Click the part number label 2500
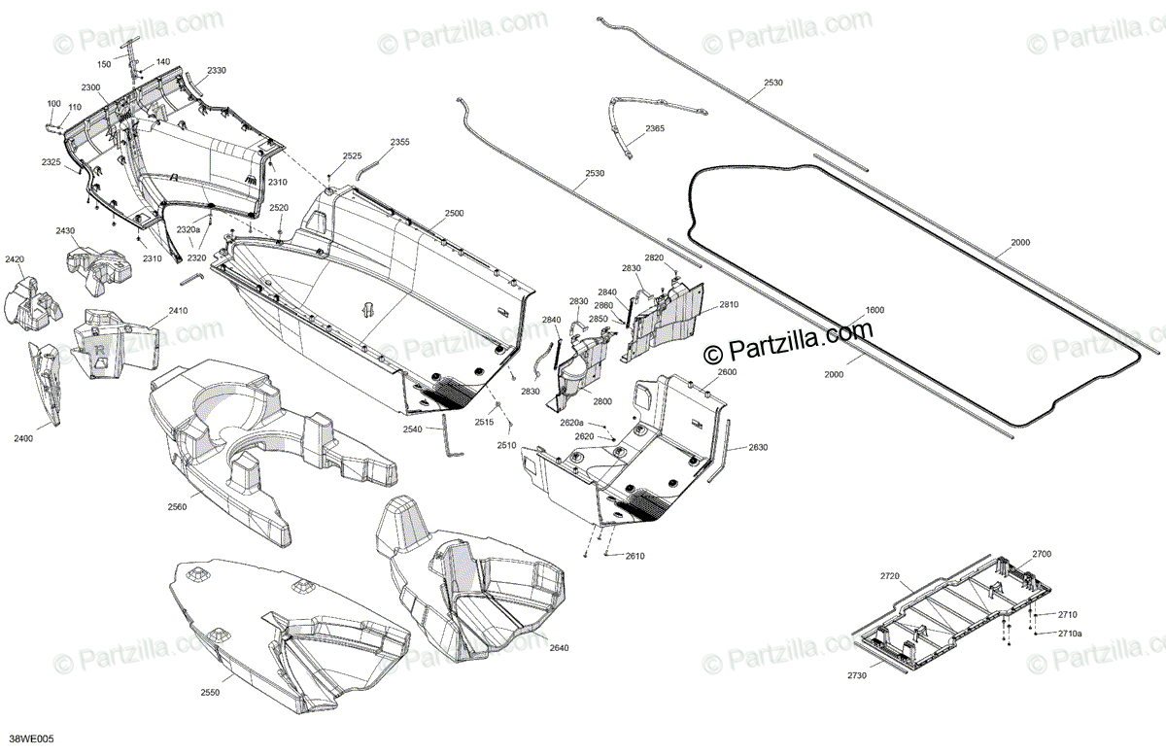454,213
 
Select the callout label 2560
176,506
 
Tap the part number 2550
210,692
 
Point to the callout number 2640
559,648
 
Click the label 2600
727,372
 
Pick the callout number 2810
729,305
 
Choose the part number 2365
655,129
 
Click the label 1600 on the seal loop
874,310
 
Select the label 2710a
1070,634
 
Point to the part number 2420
15,259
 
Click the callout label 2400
24,439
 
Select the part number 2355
399,143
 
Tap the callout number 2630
758,448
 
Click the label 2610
634,556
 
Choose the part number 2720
890,576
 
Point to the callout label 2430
65,230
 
